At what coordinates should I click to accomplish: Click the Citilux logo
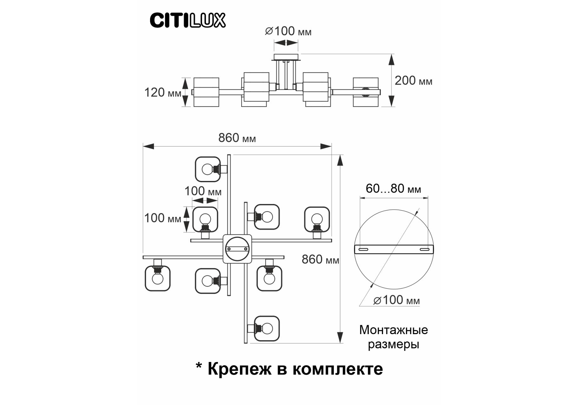point(187,20)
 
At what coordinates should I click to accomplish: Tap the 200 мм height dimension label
point(413,81)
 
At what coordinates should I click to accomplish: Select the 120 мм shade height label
point(162,93)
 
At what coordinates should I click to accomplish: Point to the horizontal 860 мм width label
point(237,138)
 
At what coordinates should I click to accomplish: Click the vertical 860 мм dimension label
point(320,259)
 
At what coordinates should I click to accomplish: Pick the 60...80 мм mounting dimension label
point(393,189)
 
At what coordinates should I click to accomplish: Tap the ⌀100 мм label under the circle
point(397,300)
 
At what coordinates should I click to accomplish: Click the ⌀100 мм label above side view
point(288,31)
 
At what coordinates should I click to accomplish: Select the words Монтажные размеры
point(393,337)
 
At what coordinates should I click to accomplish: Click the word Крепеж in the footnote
point(239,369)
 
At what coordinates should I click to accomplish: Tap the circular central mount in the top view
point(237,249)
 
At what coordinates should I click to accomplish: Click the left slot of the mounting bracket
point(363,250)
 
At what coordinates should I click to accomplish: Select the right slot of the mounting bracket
point(424,250)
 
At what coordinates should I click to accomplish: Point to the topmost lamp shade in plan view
point(208,169)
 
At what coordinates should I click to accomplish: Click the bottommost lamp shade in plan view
point(267,328)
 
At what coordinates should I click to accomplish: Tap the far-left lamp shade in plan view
point(157,278)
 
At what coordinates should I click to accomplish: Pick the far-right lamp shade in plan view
point(317,219)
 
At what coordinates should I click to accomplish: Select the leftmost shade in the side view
point(206,92)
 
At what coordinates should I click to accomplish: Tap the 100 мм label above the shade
point(203,191)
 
